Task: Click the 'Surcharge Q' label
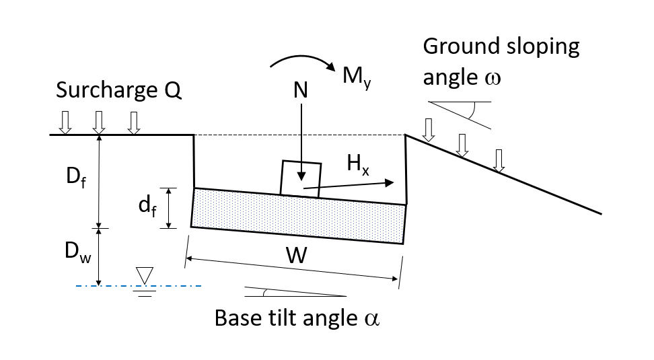coord(118,91)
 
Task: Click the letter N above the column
coord(300,92)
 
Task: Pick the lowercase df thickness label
coord(147,208)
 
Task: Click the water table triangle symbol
coord(145,275)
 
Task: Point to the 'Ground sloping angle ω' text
coord(501,62)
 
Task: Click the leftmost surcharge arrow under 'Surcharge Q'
coord(65,122)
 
